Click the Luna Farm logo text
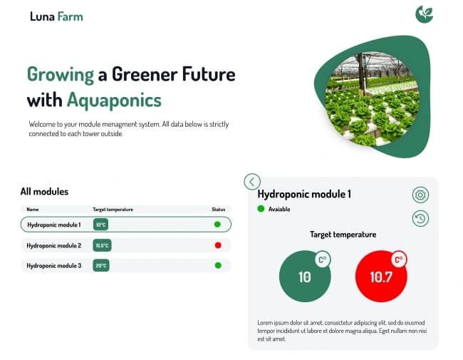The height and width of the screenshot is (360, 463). coord(56,16)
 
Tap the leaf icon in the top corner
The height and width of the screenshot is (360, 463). coord(424,14)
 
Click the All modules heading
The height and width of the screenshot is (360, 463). coord(44,191)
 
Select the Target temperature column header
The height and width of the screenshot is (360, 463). coord(113,210)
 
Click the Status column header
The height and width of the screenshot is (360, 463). coord(218,210)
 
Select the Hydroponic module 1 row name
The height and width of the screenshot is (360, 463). coord(54,225)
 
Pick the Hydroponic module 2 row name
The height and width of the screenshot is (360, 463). coord(54,245)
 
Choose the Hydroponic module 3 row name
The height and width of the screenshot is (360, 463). coord(54,266)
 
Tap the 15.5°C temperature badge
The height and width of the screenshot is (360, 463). coord(102,245)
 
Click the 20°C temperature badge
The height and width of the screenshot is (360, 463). coord(101,266)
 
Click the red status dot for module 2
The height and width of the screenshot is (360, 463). coord(218,245)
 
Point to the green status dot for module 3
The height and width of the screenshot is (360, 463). coord(218,266)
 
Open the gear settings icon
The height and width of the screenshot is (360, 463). coord(420,195)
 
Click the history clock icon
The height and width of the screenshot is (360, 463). coord(420,219)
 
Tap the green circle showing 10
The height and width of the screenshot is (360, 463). coord(305,277)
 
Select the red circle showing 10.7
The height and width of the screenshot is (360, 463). coord(381,277)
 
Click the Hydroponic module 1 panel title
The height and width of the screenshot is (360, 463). coord(304,194)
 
